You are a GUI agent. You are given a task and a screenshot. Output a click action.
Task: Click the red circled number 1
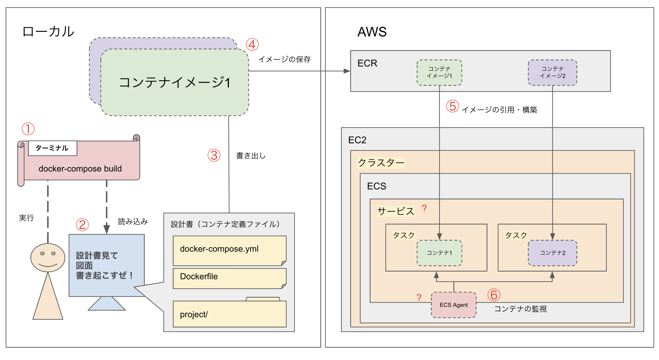[x=28, y=129]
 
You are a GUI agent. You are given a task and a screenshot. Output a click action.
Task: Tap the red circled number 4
[x=252, y=45]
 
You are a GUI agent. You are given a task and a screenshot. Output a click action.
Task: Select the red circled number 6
[x=494, y=295]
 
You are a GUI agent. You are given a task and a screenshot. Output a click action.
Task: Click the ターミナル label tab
[x=52, y=148]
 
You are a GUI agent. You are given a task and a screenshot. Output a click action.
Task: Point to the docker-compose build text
[x=80, y=169]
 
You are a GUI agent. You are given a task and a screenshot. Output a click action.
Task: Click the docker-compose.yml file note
[x=229, y=250]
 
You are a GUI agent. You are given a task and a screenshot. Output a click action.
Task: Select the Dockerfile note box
[x=229, y=278]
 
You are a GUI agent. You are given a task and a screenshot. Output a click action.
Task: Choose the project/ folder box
[x=229, y=314]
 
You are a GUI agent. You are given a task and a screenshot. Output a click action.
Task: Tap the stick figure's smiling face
[x=48, y=257]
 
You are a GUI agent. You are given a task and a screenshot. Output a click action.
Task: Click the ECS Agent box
[x=454, y=305]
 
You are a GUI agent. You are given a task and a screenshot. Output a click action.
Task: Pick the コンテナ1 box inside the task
[x=439, y=253]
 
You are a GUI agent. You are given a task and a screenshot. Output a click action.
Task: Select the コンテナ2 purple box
[x=552, y=253]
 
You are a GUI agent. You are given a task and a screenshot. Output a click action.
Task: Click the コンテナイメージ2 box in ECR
[x=552, y=73]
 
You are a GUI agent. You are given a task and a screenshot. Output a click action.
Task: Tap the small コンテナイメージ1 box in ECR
[x=439, y=73]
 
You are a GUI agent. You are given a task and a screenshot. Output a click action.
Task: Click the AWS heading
[x=372, y=32]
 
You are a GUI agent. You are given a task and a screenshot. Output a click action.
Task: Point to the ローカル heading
[x=48, y=32]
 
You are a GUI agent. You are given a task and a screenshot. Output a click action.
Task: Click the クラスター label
[x=381, y=163]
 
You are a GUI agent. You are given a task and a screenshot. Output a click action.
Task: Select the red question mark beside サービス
[x=424, y=208]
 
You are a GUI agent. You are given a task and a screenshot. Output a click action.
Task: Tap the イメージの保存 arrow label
[x=285, y=59]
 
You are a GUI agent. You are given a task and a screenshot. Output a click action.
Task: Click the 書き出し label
[x=251, y=156]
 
